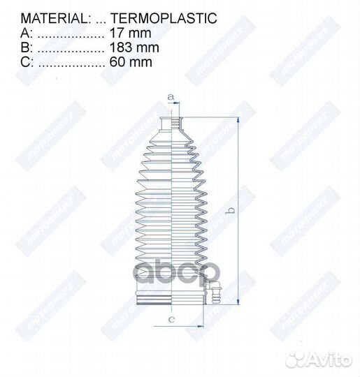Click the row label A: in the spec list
point(27,33)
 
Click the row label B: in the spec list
point(27,47)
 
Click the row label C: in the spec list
point(27,62)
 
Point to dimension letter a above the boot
point(169,96)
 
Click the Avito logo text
point(331,359)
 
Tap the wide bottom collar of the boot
point(171,297)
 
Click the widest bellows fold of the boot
point(171,269)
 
